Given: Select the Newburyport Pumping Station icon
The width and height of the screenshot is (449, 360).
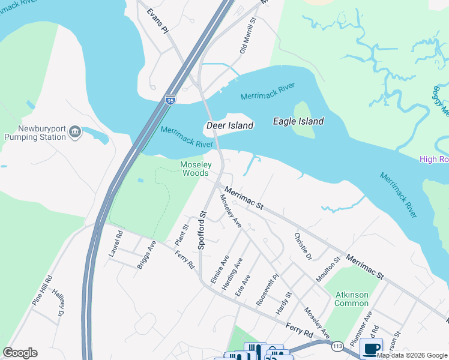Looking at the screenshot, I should coord(75,132).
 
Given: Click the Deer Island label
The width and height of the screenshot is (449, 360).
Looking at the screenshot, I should coord(229,125).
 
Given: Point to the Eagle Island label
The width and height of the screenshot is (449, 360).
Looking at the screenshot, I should coord(298,121).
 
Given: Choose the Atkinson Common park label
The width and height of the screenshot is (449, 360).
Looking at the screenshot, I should coord(352,298).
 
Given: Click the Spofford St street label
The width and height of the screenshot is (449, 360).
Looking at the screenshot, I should coord(203,230).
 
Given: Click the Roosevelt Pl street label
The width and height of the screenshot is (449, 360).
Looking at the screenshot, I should coord(268,291).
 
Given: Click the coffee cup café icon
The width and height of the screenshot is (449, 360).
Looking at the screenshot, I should coord(371,348).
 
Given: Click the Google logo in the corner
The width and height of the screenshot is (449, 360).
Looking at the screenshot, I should coord(20,353).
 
